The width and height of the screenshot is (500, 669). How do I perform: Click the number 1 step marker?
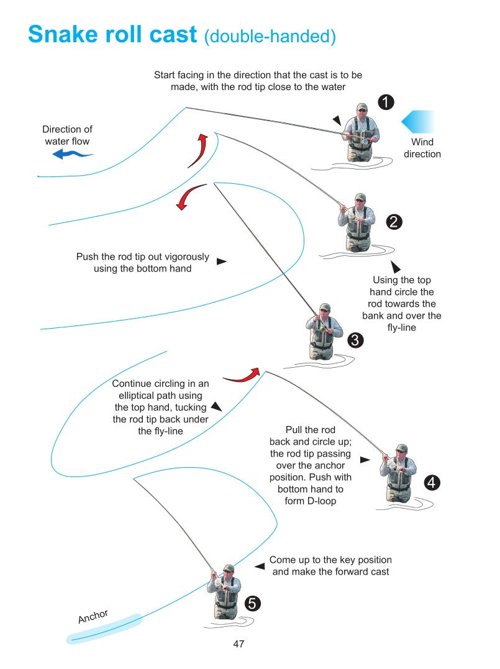386,102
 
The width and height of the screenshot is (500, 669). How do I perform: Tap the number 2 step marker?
394,221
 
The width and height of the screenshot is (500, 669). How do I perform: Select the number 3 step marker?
355,340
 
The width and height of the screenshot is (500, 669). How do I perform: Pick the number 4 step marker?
432,482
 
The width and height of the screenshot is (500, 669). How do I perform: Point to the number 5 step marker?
252,603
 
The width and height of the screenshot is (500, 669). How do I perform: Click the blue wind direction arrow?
418,121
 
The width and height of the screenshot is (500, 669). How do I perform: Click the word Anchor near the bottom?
93,616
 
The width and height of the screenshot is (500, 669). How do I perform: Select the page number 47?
239,644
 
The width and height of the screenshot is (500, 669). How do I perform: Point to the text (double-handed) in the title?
270,37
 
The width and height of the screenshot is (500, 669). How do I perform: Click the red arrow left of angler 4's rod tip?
241,375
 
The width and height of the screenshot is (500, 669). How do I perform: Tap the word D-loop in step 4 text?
319,501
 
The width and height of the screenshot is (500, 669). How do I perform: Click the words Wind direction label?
422,148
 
